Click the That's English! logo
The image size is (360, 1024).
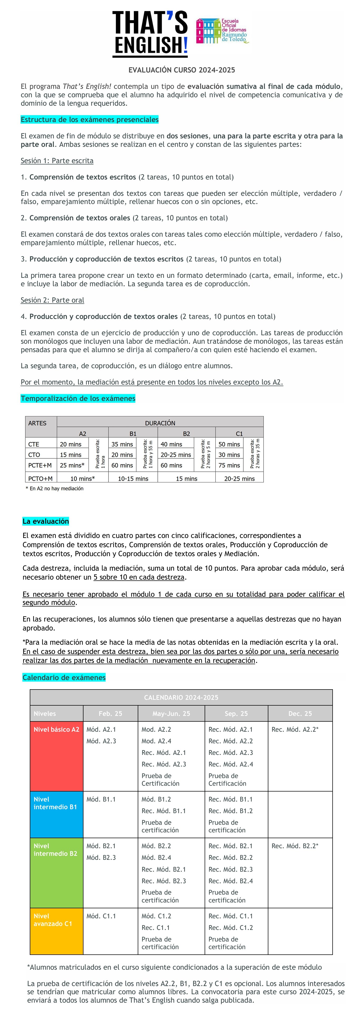(150, 34)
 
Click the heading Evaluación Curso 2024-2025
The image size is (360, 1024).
(182, 70)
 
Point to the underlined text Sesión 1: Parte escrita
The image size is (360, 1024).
(57, 161)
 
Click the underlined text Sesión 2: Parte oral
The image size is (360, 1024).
(52, 300)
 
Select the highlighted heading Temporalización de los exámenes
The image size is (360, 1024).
(78, 398)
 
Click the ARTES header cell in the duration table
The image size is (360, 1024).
(37, 423)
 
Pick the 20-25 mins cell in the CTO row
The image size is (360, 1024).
(176, 454)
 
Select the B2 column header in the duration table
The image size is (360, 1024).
(186, 433)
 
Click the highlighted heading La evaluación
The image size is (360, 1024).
(46, 521)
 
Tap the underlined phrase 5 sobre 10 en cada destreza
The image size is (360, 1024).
(139, 577)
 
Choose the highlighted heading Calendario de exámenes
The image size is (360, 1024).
(64, 677)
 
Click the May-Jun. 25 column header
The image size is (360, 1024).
(171, 714)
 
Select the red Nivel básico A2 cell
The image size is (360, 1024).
(56, 755)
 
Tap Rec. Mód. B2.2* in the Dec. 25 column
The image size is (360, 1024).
(295, 846)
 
